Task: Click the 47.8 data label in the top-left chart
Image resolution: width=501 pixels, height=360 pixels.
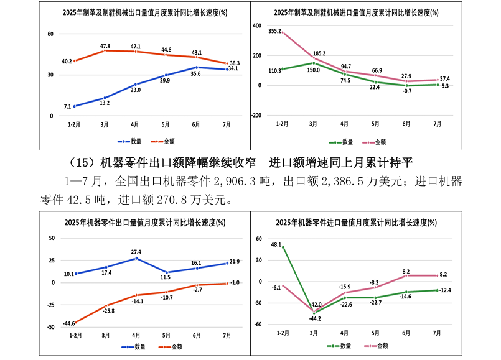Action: tap(105, 46)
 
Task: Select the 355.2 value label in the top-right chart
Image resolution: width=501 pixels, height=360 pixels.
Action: tap(275, 30)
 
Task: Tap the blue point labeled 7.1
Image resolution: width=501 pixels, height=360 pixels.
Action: tap(75, 106)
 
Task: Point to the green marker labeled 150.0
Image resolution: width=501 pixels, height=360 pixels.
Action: tap(314, 63)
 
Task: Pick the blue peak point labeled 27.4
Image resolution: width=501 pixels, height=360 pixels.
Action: tap(136, 258)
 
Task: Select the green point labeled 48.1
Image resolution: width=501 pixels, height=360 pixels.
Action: tap(283, 247)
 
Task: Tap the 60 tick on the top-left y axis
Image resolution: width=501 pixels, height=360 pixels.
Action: tap(50, 34)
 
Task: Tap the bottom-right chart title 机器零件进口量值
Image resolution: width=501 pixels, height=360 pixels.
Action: tap(355, 222)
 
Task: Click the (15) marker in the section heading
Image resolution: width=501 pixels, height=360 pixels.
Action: tap(85, 163)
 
